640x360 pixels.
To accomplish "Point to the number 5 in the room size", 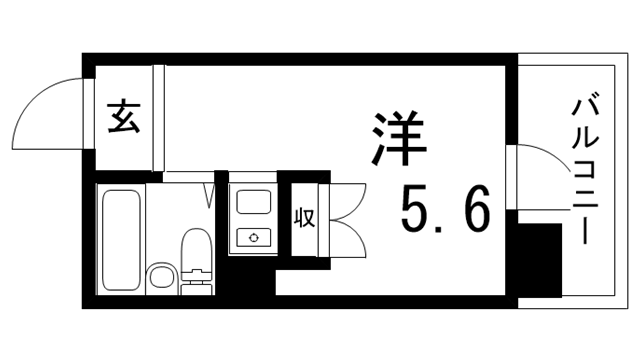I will (x=418, y=210).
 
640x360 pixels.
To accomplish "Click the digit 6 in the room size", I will (x=475, y=210).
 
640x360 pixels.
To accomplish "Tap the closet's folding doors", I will (x=346, y=218).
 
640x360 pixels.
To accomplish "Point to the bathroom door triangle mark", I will (x=210, y=194).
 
